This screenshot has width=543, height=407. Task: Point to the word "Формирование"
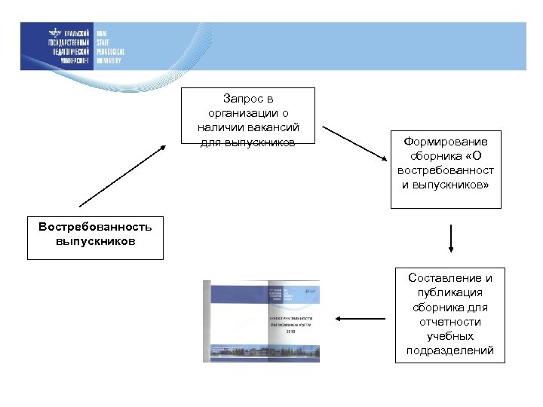[446, 142]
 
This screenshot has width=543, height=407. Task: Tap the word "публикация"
[449, 292]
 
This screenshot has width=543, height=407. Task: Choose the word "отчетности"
[449, 322]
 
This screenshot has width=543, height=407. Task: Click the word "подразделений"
[449, 350]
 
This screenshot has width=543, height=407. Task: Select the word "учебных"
[449, 336]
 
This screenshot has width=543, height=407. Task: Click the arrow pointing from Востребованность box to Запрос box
[122, 176]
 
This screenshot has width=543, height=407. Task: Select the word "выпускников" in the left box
[95, 241]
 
